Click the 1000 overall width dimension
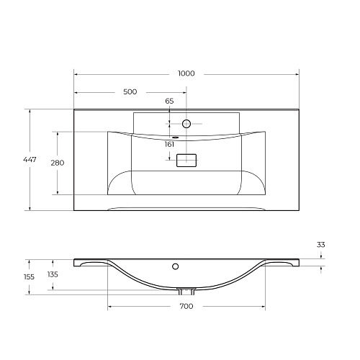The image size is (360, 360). coord(186,73)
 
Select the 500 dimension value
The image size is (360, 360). coord(130,91)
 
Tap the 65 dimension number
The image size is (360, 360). coord(169,101)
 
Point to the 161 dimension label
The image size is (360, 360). coord(169,145)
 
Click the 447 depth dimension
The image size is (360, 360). coord(30,159)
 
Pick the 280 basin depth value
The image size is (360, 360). coord(58,163)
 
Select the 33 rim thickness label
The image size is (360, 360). coord(321,245)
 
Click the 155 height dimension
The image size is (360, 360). coord(29,277)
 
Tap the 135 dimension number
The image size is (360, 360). coord(53,274)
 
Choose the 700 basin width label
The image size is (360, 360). coord(186,306)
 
